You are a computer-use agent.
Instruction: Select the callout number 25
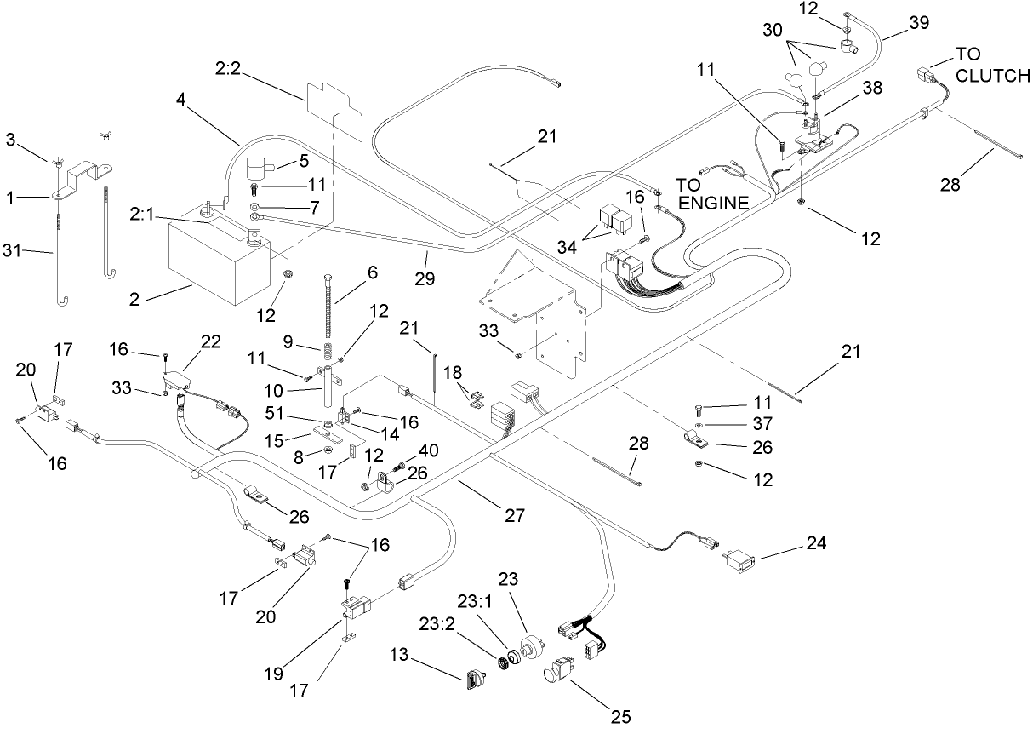(621, 716)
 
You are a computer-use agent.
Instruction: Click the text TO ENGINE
(711, 193)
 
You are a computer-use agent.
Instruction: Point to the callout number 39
(918, 23)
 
